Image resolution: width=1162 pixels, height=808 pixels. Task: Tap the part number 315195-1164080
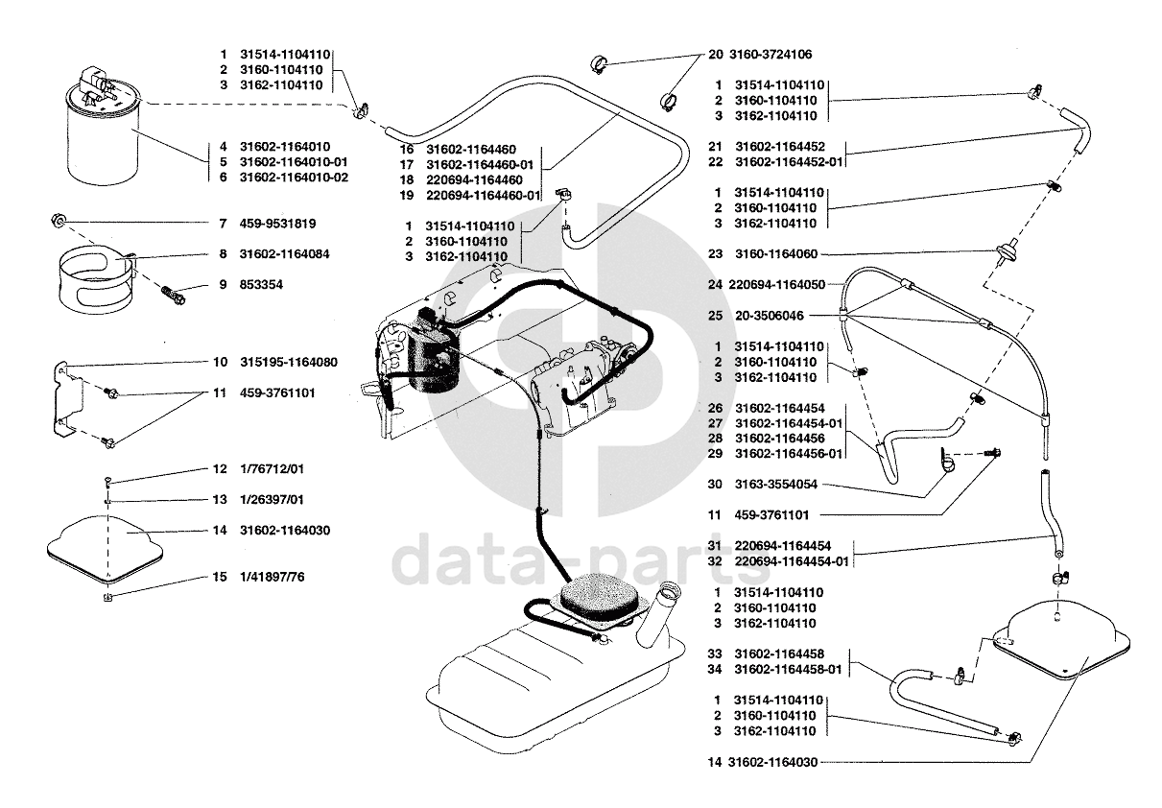pyautogui.click(x=289, y=362)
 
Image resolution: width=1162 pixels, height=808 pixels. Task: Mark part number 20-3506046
pyautogui.click(x=770, y=316)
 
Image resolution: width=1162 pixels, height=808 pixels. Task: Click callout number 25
pyautogui.click(x=715, y=316)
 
